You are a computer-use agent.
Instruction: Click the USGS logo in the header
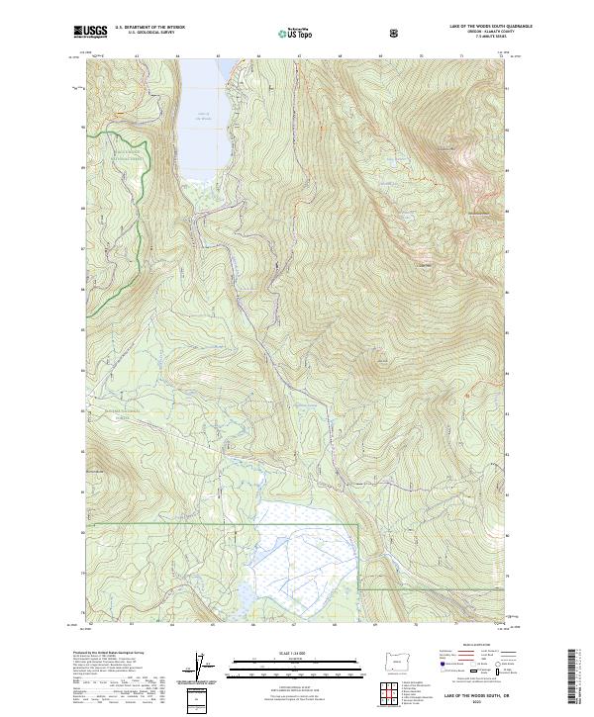92,33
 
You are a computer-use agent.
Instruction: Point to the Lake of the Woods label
203,116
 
